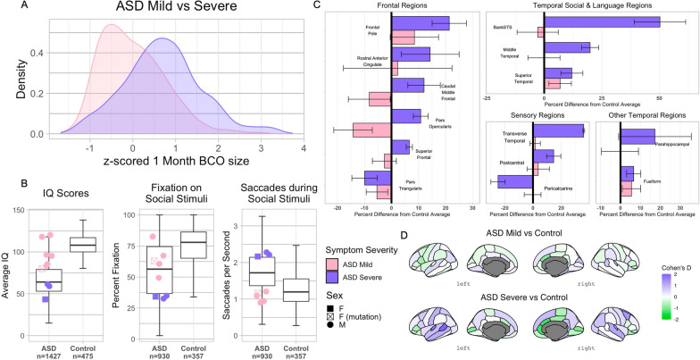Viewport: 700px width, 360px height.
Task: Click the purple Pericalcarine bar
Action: click(515, 182)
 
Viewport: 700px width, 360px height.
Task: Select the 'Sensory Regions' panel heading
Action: click(536, 116)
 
